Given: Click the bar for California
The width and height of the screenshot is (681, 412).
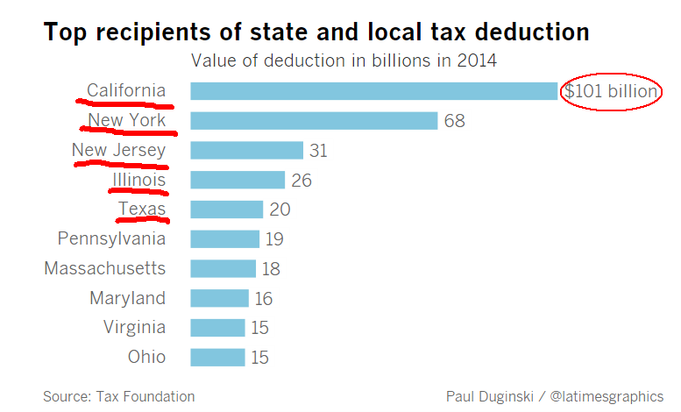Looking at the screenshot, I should tap(373, 91).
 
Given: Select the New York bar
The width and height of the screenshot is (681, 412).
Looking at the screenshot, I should tap(313, 120).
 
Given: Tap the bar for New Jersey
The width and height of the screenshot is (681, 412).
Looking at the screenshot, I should tap(246, 150).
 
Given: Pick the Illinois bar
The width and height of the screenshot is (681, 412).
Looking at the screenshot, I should tap(237, 180).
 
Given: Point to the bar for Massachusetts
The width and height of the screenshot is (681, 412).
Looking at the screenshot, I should tap(223, 268).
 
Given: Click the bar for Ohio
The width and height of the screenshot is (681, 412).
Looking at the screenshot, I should tap(216, 357).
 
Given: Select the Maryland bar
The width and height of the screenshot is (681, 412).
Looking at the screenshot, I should tap(219, 298).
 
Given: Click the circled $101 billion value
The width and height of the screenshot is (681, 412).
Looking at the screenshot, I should tap(611, 91).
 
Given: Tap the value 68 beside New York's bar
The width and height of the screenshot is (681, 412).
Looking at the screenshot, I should tap(454, 121).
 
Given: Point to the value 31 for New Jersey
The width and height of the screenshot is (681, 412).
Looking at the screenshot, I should tap(318, 151).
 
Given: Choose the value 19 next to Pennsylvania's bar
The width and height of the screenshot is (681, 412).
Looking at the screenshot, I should tap(274, 239).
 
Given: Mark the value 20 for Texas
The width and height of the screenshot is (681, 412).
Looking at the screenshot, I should tap(280, 210).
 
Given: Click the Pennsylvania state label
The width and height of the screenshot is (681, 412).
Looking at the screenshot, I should tap(111, 238).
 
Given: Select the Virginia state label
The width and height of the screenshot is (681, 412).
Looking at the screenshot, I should tap(133, 327).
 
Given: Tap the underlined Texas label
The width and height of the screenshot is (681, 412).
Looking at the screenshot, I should tap(142, 209).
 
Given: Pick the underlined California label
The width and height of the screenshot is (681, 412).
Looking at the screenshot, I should tap(126, 90).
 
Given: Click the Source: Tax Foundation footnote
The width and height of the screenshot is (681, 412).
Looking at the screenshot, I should tap(118, 396).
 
